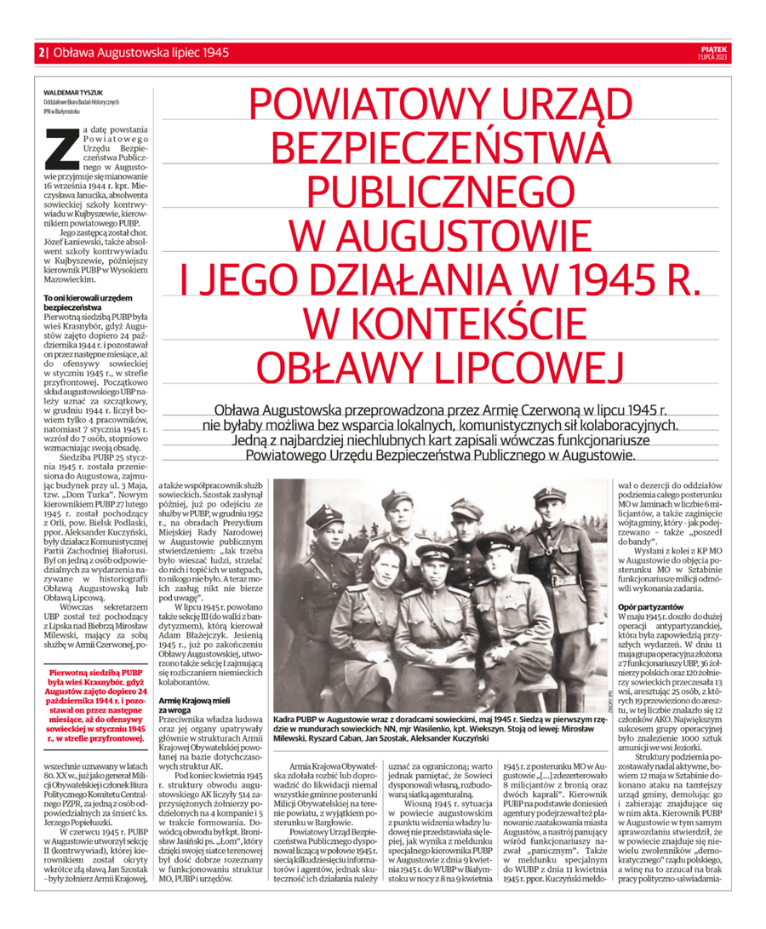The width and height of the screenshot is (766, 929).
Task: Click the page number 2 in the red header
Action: tap(40, 52)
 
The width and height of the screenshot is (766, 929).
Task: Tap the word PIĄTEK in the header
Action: tap(712, 49)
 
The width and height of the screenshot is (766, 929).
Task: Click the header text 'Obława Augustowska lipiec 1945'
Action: tap(140, 52)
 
